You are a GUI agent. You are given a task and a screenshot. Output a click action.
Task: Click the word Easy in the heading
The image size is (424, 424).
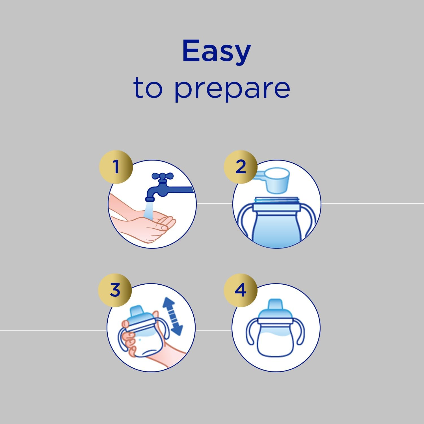[217, 51]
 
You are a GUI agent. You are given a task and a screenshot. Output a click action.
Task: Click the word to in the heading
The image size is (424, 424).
[148, 87]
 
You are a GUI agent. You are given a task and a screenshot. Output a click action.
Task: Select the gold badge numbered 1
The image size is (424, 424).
[116, 167]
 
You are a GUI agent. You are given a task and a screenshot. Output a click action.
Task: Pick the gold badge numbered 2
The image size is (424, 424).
[241, 167]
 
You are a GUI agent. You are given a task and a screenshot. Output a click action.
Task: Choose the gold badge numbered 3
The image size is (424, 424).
[115, 290]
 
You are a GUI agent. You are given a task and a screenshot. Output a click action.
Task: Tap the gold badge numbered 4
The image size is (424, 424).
[241, 290]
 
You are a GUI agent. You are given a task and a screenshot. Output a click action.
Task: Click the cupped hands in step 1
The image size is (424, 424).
[141, 223]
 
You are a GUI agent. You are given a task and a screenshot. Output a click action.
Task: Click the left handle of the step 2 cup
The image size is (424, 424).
[245, 220]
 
